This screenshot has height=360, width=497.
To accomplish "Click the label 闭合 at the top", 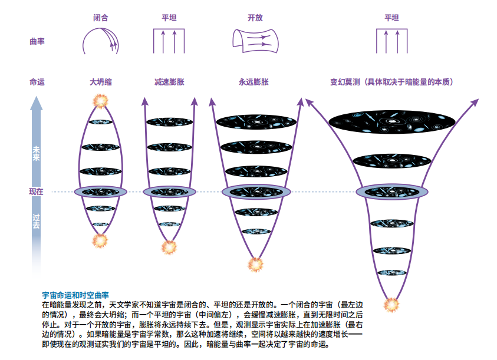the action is [x=100, y=18].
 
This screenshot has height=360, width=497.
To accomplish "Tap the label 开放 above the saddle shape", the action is [x=255, y=18].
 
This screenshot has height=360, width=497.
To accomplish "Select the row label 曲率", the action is [x=37, y=41].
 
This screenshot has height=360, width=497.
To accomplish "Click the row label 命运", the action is [x=37, y=82].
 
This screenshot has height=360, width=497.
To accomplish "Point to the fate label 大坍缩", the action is [x=100, y=82].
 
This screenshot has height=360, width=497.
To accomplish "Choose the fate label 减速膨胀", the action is [x=169, y=82].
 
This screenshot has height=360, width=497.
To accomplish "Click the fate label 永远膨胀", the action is [x=254, y=82].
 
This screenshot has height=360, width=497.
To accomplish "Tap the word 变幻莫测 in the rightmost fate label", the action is [x=345, y=82].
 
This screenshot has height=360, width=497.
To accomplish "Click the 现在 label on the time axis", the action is [x=36, y=191].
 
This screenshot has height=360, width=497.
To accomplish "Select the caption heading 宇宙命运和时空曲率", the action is [x=75, y=295].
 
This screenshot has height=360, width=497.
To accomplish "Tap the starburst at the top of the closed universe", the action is [x=100, y=101].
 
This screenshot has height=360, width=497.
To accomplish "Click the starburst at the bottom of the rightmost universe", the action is [x=391, y=305].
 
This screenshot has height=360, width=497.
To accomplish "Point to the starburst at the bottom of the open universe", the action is [x=255, y=265].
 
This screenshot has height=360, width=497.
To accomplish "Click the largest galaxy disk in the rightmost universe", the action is [x=392, y=122].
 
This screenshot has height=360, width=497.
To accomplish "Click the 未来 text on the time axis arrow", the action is [x=36, y=153].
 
